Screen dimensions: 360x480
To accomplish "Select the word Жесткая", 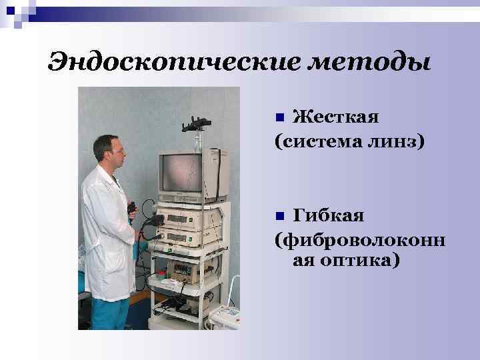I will coord(336,118).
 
